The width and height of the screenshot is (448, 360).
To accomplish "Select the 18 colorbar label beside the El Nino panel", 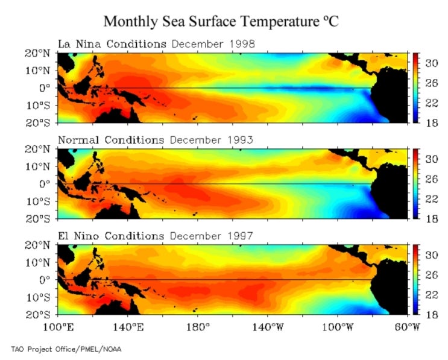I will (x=426, y=315).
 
